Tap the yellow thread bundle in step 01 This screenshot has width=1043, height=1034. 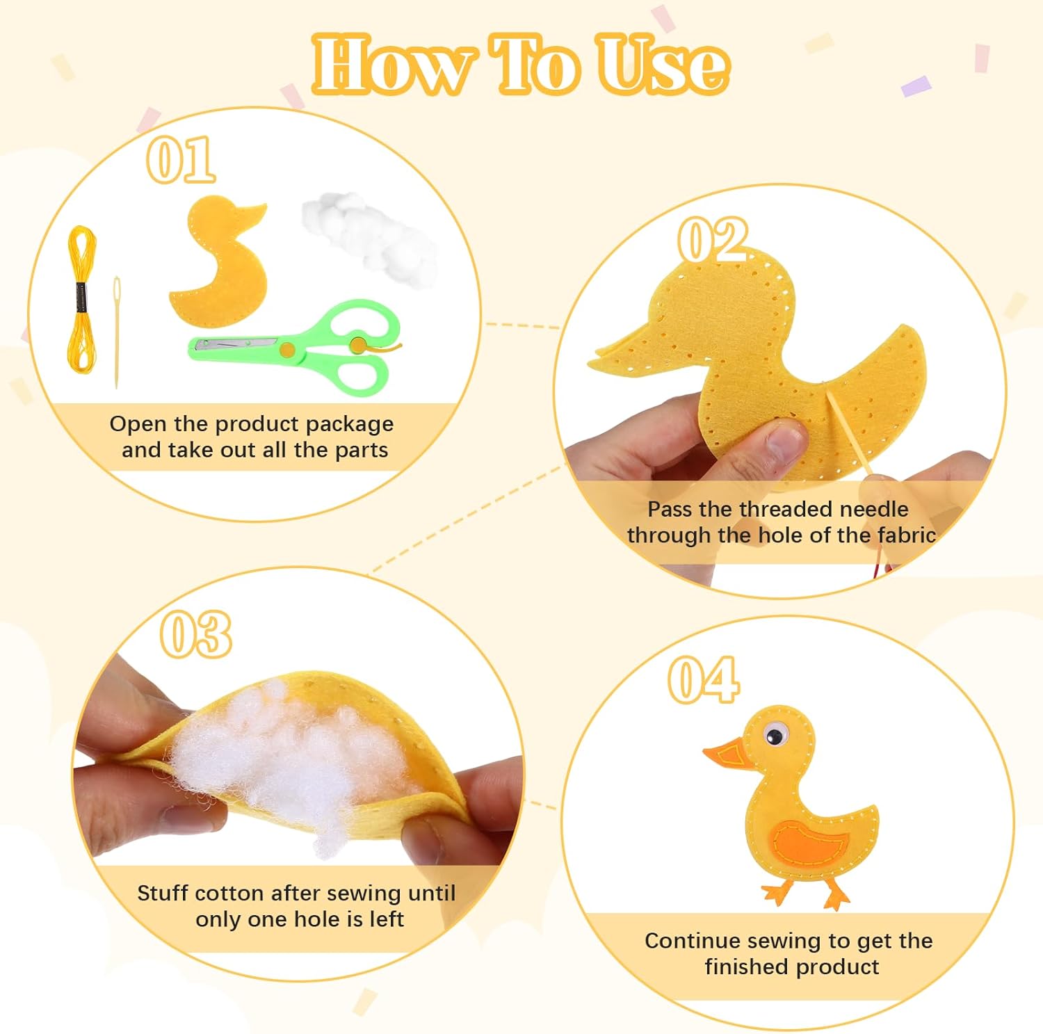(81, 299)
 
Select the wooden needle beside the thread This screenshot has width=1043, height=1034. (117, 332)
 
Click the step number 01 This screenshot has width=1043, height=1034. (181, 159)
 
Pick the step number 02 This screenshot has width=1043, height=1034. (713, 239)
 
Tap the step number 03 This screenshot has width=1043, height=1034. (195, 633)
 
